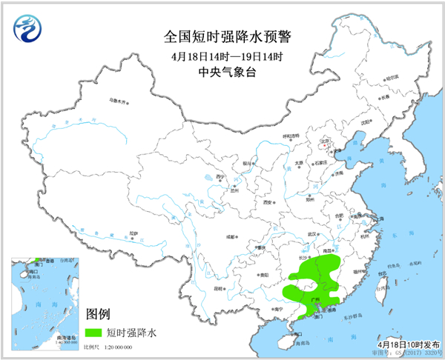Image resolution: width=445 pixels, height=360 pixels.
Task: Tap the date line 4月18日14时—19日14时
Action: coord(222,56)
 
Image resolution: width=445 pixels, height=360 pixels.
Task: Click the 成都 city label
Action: coord(231,236)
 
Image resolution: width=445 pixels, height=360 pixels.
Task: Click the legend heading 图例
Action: coord(99,314)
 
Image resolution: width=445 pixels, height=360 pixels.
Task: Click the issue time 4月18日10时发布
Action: coord(407,345)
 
